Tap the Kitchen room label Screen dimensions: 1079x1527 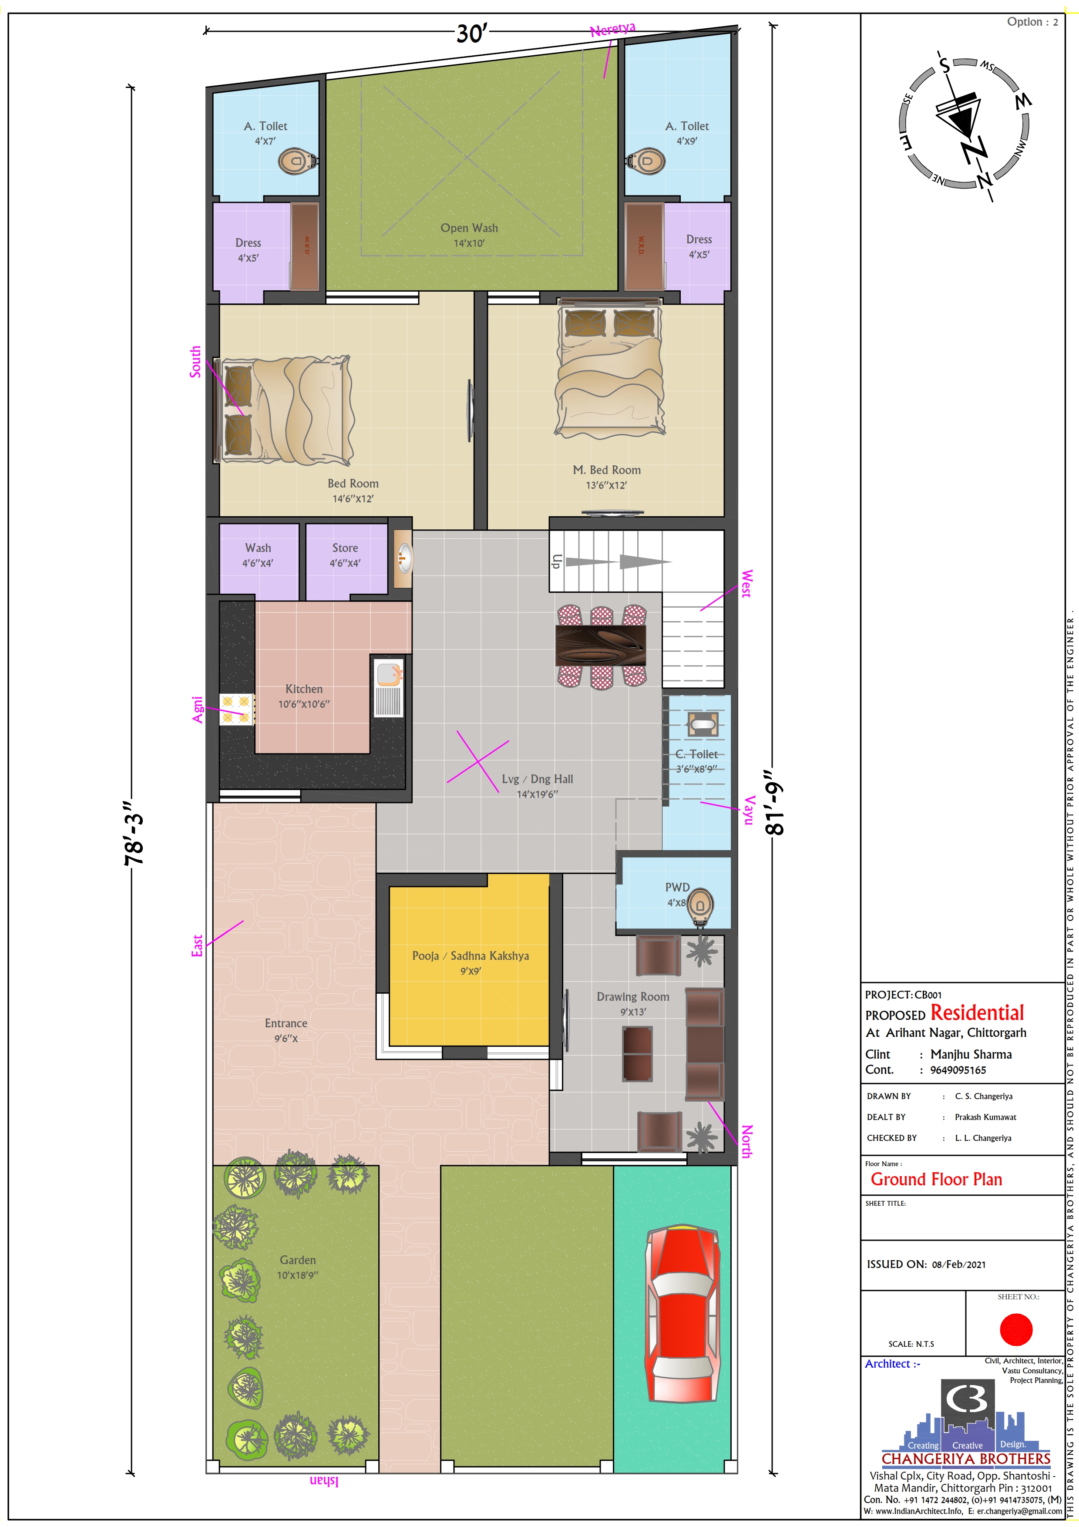coord(304,689)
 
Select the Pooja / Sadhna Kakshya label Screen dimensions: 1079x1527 coord(471,956)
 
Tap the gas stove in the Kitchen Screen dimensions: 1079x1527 coord(237,709)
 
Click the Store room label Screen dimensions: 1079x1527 coord(345,548)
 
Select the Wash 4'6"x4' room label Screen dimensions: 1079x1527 coord(258,555)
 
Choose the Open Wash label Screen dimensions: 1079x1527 coord(469,228)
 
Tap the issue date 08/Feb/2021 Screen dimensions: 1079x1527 coord(959,1264)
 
